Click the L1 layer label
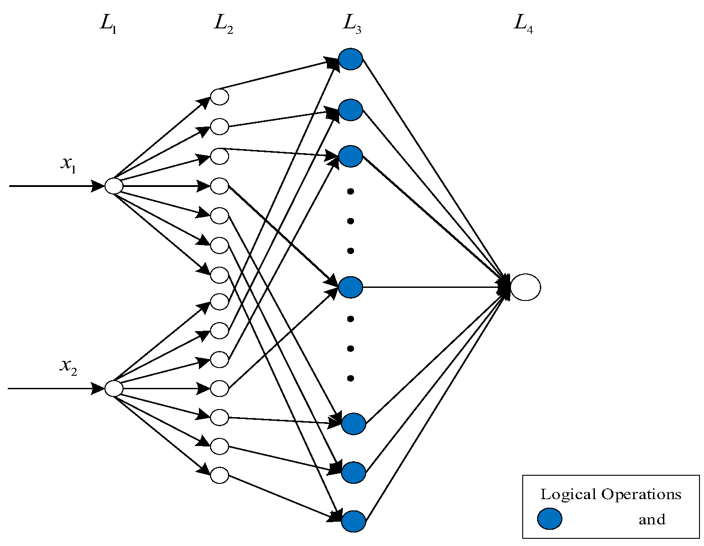pos(108,24)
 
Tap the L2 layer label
pos(223,24)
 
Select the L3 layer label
pos(351,24)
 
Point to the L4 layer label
pos(523,24)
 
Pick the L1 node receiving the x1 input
pos(114,186)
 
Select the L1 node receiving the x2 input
pos(114,388)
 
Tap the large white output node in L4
pos(525,287)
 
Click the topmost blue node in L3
pos(350,59)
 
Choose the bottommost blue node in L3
pos(354,522)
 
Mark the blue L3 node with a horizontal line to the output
pos(350,287)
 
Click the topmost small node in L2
pos(220,97)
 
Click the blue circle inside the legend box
pos(549,519)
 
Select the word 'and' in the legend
pos(652,520)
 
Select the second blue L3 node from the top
pos(350,110)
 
